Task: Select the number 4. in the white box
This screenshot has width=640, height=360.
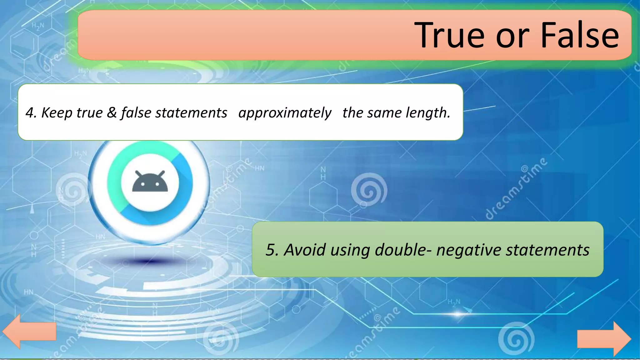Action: tap(31, 112)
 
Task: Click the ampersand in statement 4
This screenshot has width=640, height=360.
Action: tap(112, 112)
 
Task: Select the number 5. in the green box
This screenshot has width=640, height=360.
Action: tap(272, 250)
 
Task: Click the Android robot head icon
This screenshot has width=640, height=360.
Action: tap(150, 182)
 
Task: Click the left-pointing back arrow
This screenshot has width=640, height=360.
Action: tap(28, 331)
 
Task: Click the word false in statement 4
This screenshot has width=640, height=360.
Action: tap(136, 112)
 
